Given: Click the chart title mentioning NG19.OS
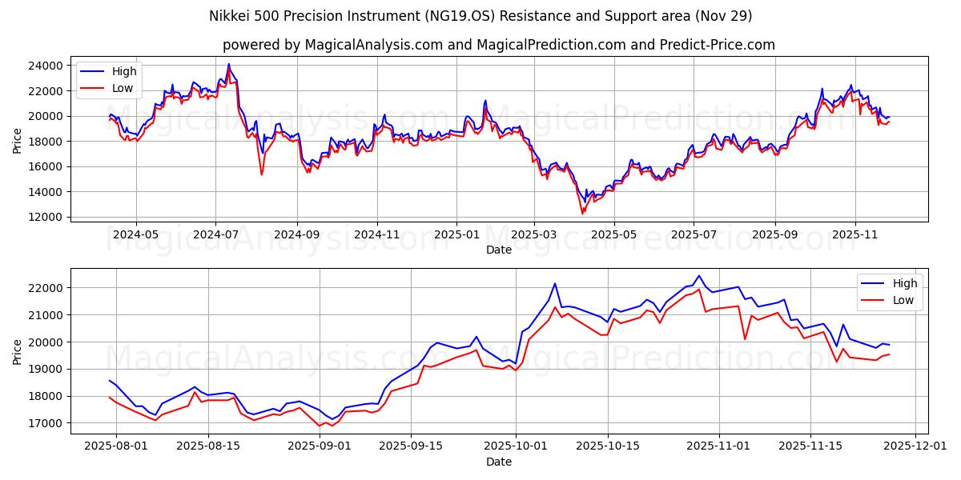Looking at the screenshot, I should click(x=480, y=16).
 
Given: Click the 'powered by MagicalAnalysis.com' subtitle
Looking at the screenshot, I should click(x=498, y=45).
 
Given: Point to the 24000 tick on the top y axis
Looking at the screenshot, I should click(x=46, y=66).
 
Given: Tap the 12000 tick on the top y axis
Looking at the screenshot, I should click(x=46, y=217).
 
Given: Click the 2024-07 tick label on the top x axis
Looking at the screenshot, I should click(x=215, y=234).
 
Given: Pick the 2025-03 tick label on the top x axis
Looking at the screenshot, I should click(x=534, y=234).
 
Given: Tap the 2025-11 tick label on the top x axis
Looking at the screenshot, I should click(x=854, y=234).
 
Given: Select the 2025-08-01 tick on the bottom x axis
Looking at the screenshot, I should click(x=116, y=446).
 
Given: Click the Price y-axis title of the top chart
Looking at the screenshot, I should click(x=18, y=141).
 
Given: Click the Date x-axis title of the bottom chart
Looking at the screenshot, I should click(x=498, y=462).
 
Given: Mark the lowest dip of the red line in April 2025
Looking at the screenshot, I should click(x=582, y=214).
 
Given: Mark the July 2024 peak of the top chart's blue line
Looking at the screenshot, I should click(x=228, y=64).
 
